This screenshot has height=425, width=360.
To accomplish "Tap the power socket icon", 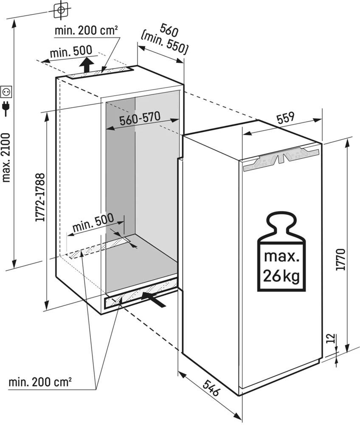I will tap(7, 91).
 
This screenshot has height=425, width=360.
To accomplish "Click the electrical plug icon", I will tap(6, 108).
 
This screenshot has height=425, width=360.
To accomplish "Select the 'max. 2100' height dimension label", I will tap(6, 157).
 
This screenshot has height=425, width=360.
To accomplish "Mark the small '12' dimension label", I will tap(332, 339).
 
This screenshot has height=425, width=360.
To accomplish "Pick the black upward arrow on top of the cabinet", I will tap(87, 66).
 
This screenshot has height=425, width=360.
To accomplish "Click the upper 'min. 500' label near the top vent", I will tap(70, 52).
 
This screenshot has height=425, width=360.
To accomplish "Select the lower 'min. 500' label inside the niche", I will tap(93, 223).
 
